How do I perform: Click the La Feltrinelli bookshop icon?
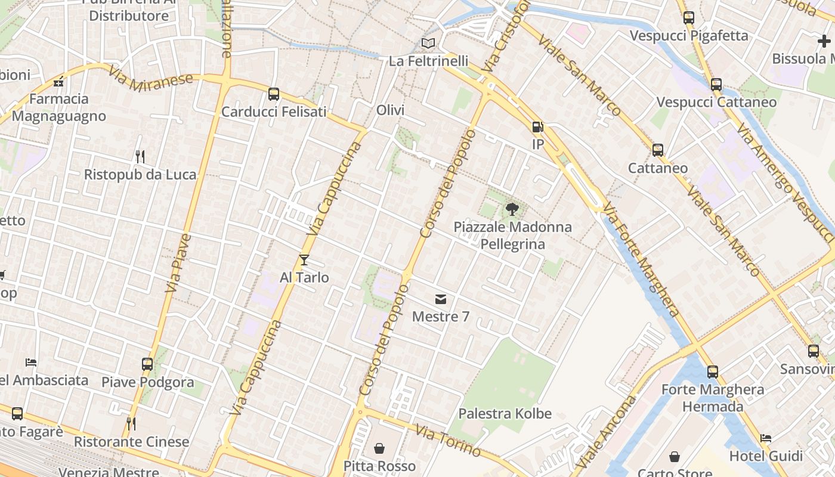coord(428,43)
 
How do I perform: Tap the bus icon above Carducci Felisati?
coord(274,94)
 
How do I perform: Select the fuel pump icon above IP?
coord(538,126)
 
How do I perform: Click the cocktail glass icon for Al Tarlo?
coord(304,259)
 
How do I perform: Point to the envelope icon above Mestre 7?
coord(441,299)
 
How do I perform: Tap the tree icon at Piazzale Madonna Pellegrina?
coord(512,209)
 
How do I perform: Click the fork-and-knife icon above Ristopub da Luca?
coord(140,157)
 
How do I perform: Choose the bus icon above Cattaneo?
coord(658,150)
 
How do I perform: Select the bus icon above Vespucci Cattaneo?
coord(716,85)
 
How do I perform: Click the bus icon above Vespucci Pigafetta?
coord(689,18)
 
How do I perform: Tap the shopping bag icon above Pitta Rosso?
coord(379,448)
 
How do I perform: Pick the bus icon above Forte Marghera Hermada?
coord(713,372)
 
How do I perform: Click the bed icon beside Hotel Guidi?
coord(766,438)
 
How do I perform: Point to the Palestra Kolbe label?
coord(505,414)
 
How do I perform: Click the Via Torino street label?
coord(448,441)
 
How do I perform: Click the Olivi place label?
coord(391,110)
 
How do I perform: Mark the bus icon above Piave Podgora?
coord(147,364)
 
